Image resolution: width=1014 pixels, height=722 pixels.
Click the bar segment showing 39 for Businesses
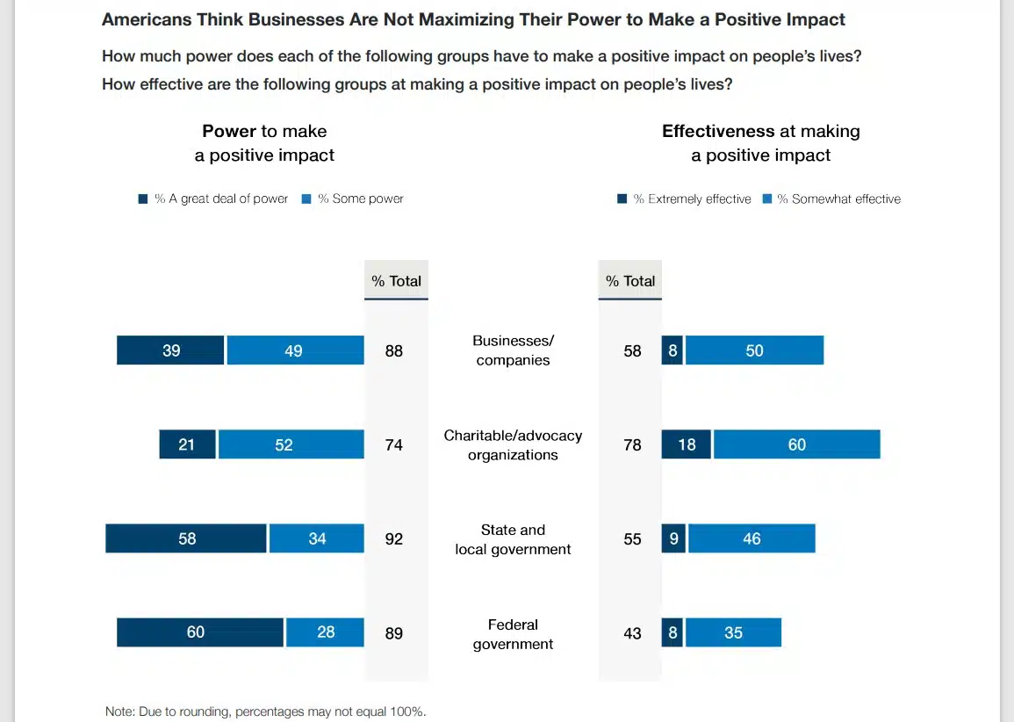170,350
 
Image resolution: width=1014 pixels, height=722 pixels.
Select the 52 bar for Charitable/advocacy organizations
291,444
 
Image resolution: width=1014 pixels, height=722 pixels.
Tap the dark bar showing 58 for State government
186,538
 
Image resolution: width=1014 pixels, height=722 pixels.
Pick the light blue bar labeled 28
325,632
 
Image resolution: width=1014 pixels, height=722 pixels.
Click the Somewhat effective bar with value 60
796,444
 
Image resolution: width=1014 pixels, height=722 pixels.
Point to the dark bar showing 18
686,444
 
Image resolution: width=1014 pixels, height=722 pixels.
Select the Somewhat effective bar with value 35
733,632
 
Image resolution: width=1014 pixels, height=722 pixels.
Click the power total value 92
394,538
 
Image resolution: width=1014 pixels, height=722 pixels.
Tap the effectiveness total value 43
632,632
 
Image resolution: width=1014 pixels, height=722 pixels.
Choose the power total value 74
394,444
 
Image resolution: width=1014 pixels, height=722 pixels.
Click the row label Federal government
513,634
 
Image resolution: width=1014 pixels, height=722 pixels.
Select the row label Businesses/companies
513,350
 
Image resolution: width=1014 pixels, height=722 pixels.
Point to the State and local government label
513,539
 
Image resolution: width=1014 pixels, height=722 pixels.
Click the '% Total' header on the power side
396,281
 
